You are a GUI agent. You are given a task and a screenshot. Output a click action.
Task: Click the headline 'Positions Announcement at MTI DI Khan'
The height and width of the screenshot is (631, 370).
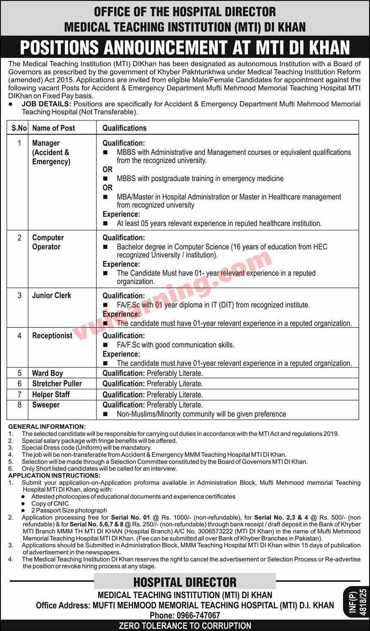coord(185,47)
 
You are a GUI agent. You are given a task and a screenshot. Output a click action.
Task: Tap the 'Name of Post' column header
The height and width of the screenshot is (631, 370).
coord(53,128)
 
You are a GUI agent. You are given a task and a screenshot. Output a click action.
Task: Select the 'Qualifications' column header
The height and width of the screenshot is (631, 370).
coord(124,128)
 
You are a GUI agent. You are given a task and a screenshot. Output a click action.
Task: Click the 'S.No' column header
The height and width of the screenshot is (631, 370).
coord(19,128)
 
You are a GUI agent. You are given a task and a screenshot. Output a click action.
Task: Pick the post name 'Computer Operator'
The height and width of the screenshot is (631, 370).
coord(48,242)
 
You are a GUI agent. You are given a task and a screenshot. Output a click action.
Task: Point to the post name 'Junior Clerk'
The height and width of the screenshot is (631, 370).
coord(52,295)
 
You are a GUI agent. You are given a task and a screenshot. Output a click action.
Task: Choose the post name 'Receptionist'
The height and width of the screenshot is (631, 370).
coord(52,336)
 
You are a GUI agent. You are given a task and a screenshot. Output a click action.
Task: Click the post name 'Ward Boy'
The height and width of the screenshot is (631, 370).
coord(47,373)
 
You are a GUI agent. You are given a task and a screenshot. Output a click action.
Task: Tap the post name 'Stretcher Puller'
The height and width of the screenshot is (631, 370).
coord(57,383)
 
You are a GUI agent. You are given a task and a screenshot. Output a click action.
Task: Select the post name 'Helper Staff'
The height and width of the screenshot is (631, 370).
coord(51,394)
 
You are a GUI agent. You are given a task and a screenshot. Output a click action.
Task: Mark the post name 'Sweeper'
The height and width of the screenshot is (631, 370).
coord(46,405)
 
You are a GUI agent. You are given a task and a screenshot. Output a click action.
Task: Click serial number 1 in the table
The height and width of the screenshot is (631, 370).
coord(19,143)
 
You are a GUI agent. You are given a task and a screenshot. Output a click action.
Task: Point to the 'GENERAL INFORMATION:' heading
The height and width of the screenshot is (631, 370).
coord(47,427)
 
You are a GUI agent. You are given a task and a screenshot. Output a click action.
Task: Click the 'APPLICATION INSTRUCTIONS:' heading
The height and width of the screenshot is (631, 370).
coord(54,475)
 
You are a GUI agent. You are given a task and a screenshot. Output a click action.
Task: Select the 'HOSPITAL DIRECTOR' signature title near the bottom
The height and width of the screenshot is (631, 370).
coord(185,582)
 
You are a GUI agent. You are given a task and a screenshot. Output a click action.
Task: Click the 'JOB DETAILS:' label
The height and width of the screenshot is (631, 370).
coord(47,104)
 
